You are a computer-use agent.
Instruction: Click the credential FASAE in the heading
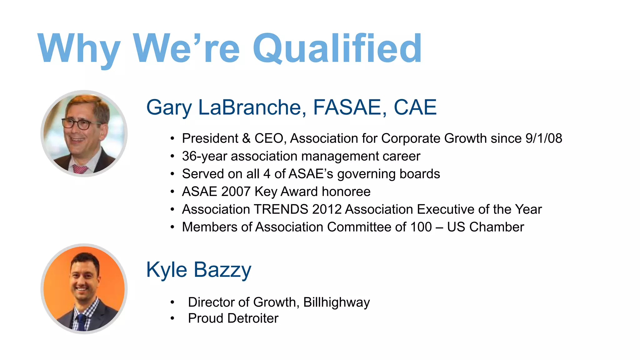347,107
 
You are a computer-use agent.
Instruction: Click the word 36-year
204,156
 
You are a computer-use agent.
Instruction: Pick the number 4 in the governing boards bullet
267,174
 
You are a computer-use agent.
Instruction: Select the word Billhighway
337,302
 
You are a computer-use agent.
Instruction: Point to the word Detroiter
253,318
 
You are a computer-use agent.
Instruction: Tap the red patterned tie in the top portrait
80,169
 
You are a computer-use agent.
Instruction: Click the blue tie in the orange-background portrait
82,322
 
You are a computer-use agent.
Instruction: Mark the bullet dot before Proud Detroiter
172,318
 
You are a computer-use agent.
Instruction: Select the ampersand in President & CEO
246,138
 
